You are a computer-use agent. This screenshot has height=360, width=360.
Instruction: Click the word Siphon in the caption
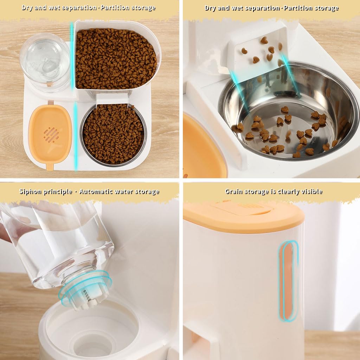pos(30,192)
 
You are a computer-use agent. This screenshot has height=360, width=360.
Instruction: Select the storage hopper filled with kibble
pos(116,58)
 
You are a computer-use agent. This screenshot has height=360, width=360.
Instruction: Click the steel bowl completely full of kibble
pos(113,134)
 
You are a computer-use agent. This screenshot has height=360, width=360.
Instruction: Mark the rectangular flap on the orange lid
pos(243,208)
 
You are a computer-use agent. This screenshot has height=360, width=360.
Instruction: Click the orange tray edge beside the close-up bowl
pos(202,148)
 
